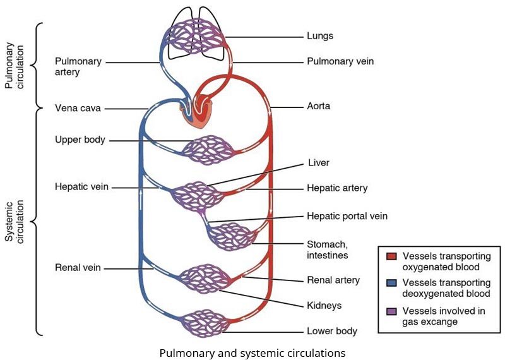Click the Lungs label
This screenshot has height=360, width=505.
319,37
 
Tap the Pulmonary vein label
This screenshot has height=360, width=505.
341,62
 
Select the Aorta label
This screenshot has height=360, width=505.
319,107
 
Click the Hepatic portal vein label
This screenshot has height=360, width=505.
347,216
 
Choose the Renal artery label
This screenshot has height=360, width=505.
333,280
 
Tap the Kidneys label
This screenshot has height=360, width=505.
324,305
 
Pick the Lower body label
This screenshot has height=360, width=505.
331,331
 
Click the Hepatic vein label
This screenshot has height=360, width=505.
81,187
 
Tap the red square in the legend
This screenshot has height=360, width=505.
391,256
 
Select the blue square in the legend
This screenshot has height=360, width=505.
391,283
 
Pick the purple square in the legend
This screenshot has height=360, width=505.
391,311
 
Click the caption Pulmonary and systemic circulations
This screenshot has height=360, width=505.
252,352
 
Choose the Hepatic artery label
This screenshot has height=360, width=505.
337,188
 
